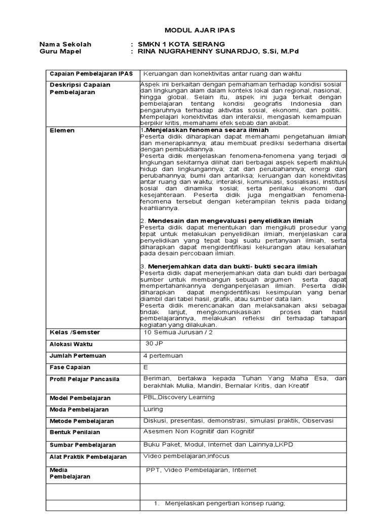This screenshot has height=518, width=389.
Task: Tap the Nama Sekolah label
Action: pos(65,44)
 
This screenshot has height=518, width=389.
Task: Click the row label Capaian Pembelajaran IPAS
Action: pos(91,74)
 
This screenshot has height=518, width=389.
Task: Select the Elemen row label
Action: pos(62,131)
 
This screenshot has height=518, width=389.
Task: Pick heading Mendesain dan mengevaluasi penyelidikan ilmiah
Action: pos(230,221)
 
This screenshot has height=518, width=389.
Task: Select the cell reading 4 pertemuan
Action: pos(163,356)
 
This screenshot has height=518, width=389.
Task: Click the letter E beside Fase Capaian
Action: pos(146,367)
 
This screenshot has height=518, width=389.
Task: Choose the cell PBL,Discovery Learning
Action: pos(179,397)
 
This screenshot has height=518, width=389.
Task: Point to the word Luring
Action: pos(153,409)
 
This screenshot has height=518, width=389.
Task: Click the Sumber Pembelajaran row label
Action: pos(83,445)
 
